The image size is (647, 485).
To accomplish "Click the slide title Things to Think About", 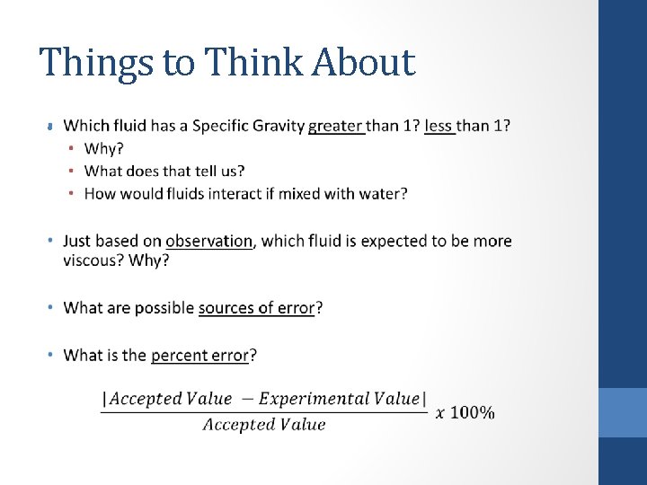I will [227, 63].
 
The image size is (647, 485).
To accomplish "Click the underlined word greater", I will [336, 126].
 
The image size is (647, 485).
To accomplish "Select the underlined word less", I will [439, 126].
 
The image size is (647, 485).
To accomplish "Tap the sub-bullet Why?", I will [104, 148].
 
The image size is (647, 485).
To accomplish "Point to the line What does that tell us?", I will [164, 171].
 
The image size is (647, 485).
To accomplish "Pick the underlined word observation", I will [208, 241].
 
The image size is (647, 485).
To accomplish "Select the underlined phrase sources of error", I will [256, 308].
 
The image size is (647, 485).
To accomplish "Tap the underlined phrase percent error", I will [199, 355].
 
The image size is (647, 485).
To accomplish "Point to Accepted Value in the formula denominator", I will [263, 425].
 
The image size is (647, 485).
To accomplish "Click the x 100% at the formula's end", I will [465, 412].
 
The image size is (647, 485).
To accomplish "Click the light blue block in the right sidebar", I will [623, 412].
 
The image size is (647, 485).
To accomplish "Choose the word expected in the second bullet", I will [383, 241].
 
